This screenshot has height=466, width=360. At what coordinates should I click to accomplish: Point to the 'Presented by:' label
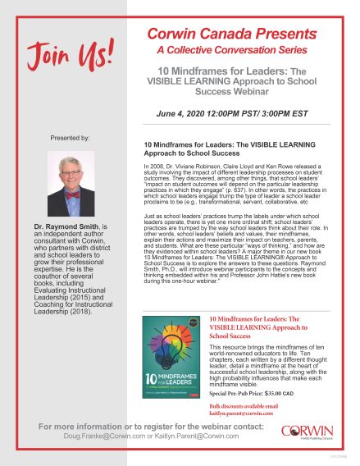(71, 138)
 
